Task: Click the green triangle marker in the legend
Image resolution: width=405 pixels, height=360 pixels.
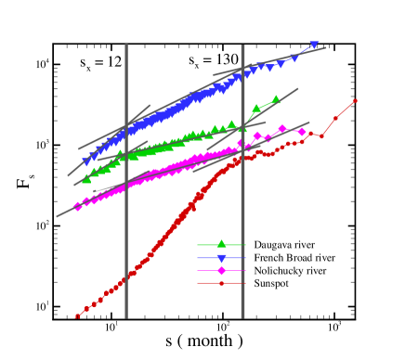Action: point(221,244)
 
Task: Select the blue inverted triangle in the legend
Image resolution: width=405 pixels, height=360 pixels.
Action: point(221,258)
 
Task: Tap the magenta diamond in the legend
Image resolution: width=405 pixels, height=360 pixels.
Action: point(221,270)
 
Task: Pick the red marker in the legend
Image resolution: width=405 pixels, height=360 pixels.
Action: point(221,283)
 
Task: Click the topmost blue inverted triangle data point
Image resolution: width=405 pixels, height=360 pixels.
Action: point(314,45)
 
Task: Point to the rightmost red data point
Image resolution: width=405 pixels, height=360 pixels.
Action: point(355,101)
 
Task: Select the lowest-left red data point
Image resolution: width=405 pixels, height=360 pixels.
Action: point(77,316)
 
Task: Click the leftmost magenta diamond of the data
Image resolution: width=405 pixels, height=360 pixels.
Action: point(78,206)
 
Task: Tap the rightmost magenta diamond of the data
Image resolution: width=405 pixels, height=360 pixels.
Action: point(301,132)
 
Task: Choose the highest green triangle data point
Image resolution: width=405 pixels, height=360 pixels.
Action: point(276,98)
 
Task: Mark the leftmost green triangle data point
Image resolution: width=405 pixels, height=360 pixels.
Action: point(86,179)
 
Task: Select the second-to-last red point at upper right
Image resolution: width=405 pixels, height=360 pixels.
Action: point(336,118)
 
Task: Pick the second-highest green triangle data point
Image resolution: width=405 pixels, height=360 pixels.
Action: point(256,109)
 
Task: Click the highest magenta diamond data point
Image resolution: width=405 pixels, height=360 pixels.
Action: point(282,129)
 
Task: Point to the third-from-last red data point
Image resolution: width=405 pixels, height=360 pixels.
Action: point(321,136)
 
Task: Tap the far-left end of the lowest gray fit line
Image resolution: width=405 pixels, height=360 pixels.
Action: point(57,216)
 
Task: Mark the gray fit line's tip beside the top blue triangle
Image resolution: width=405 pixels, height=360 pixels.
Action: point(325,48)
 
